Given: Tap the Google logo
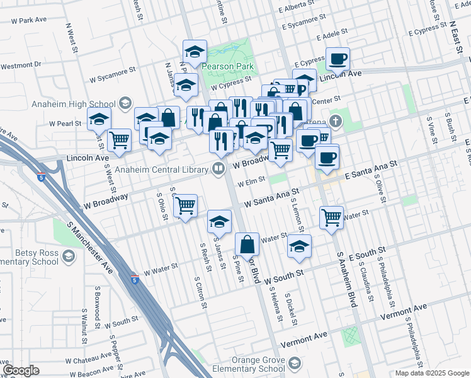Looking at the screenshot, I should [x=21, y=370].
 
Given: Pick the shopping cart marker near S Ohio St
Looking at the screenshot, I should [x=185, y=205].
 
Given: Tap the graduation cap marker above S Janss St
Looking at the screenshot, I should [x=219, y=221].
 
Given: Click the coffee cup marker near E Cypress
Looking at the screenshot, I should [x=338, y=59].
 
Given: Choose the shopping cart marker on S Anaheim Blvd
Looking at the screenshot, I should [x=331, y=217].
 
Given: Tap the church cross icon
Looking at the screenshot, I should [x=336, y=121].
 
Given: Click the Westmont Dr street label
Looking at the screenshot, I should [x=21, y=65].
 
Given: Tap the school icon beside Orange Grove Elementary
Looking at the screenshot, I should [x=295, y=364].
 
